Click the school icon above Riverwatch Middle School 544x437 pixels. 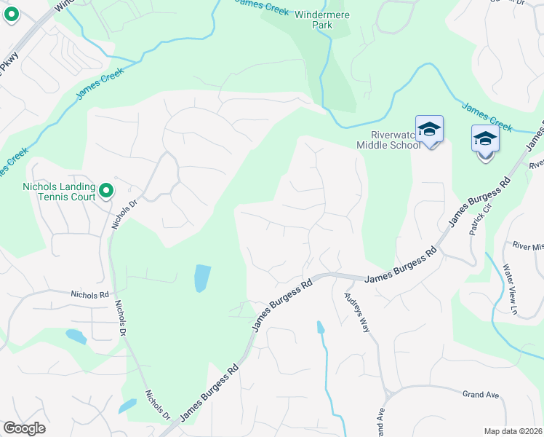coord(429,130)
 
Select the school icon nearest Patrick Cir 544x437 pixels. coord(485,138)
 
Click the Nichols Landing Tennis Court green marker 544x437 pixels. coord(106,191)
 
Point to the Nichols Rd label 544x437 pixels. coord(89,295)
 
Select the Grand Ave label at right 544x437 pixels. coord(481,395)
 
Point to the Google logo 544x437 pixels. coord(24,428)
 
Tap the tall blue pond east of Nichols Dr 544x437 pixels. coord(202,278)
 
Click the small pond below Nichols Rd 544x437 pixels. coord(76,336)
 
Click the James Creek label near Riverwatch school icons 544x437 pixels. coord(487,113)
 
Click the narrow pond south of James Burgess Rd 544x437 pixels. coord(320,328)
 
